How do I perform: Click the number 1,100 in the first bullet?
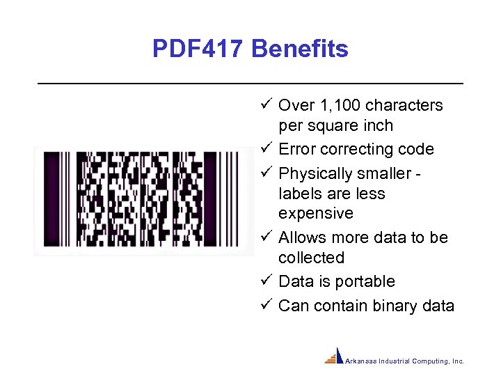tap(339, 106)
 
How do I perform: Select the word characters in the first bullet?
tap(404, 106)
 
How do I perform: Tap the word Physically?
tap(315, 173)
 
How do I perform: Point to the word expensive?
tap(316, 214)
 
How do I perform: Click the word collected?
tap(311, 258)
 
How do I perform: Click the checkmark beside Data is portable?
tap(266, 281)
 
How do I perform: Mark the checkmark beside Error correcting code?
tap(266, 149)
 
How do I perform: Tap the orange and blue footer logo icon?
tap(335, 357)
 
